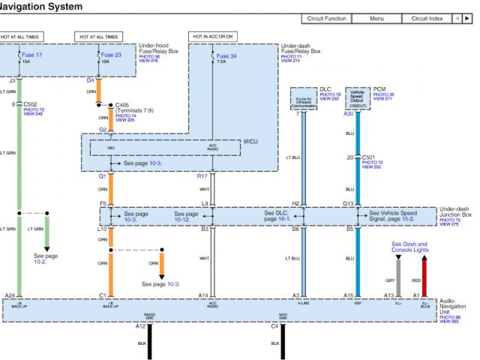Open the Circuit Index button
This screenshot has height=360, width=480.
[426, 19]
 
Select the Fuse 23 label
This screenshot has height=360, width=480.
[111, 55]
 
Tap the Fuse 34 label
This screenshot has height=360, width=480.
[226, 55]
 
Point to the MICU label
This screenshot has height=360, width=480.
[250, 140]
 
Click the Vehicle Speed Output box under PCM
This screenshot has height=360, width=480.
[358, 97]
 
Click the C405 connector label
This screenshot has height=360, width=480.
[123, 105]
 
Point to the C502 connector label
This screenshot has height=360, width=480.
[30, 105]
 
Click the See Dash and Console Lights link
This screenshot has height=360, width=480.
[409, 247]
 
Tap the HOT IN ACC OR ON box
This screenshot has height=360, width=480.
[213, 36]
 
